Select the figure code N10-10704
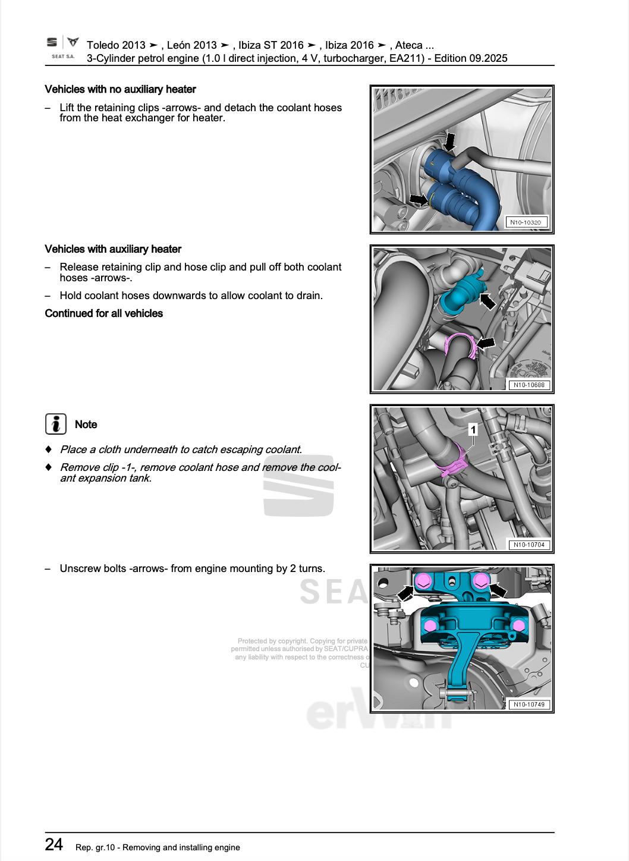click(x=528, y=545)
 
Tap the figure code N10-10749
click(x=528, y=705)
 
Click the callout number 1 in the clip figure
click(x=473, y=429)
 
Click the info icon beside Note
click(x=55, y=424)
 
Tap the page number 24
click(x=54, y=844)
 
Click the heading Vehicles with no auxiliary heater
click(x=120, y=90)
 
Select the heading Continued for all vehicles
click(x=103, y=313)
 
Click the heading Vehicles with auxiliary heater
click(x=113, y=249)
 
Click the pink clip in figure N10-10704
click(x=451, y=463)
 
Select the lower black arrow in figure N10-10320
click(x=419, y=199)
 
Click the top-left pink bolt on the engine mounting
click(x=423, y=580)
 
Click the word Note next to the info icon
click(x=86, y=425)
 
